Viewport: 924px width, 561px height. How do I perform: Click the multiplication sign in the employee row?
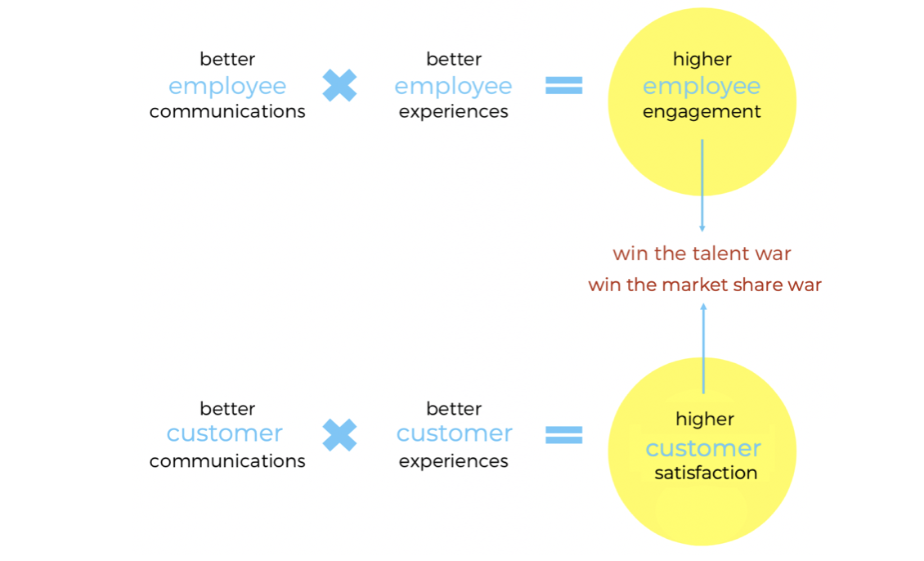point(339,85)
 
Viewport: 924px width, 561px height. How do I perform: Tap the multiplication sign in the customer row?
point(339,435)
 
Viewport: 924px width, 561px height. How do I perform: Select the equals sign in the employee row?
point(564,85)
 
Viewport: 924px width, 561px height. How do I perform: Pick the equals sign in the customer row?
point(564,435)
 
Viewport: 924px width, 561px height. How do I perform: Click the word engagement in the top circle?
point(702,112)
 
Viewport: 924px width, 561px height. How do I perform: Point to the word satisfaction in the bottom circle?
point(706,473)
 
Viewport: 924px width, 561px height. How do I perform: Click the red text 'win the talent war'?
point(702,254)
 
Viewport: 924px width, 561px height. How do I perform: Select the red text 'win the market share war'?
point(705,285)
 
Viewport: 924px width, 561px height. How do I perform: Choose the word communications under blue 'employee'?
point(227,112)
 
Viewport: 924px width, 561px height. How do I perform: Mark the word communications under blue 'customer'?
point(227,461)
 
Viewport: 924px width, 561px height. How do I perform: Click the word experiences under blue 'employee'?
point(454,112)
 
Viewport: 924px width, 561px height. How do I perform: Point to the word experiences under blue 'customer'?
point(454,461)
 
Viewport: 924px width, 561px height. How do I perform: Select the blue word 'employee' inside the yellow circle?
point(702,86)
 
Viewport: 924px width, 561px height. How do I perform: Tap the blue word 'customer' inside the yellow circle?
point(703,448)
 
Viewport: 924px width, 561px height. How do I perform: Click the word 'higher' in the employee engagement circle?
point(702,59)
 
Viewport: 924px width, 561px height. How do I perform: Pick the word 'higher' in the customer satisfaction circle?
point(705,420)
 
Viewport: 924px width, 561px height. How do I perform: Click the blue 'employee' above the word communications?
point(227,86)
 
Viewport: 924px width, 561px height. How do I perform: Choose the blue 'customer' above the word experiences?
point(455,433)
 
